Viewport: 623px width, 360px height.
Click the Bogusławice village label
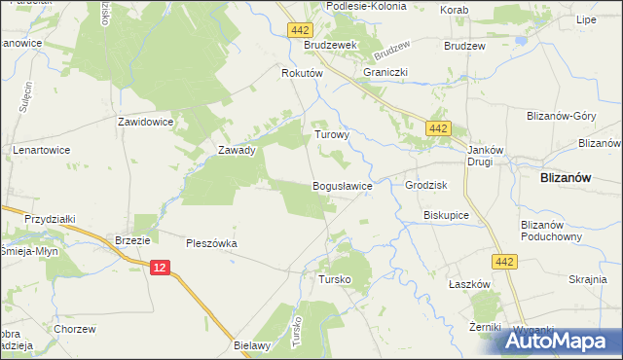341,185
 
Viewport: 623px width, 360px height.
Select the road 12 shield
161,267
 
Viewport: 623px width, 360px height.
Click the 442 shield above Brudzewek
300,31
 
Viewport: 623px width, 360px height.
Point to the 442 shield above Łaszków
504,262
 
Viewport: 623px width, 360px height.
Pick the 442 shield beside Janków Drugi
440,127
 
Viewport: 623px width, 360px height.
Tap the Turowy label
331,136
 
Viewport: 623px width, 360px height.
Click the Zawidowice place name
145,123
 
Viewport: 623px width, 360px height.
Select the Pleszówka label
212,244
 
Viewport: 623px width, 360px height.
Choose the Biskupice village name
447,215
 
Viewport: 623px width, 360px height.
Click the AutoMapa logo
560,341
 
